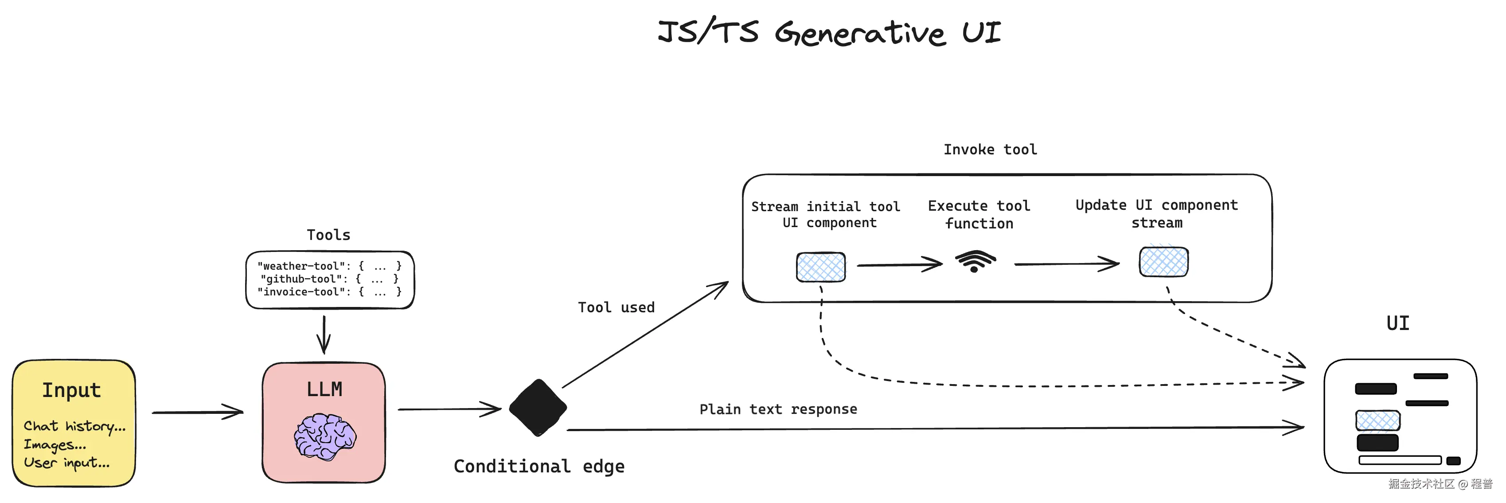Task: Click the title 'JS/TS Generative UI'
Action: (x=829, y=32)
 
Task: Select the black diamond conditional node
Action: (x=537, y=408)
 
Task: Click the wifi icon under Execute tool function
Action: (x=975, y=261)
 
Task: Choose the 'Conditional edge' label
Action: (x=538, y=466)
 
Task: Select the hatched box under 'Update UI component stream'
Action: (x=1163, y=261)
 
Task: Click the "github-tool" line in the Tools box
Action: (x=329, y=279)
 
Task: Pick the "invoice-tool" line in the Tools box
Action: (x=329, y=292)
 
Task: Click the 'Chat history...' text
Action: (x=74, y=426)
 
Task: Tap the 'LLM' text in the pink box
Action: (x=324, y=389)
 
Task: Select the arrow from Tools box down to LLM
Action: (x=324, y=334)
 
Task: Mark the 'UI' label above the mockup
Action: (x=1397, y=323)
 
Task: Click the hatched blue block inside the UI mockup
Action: (x=1377, y=420)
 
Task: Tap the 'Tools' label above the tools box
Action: (x=328, y=235)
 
